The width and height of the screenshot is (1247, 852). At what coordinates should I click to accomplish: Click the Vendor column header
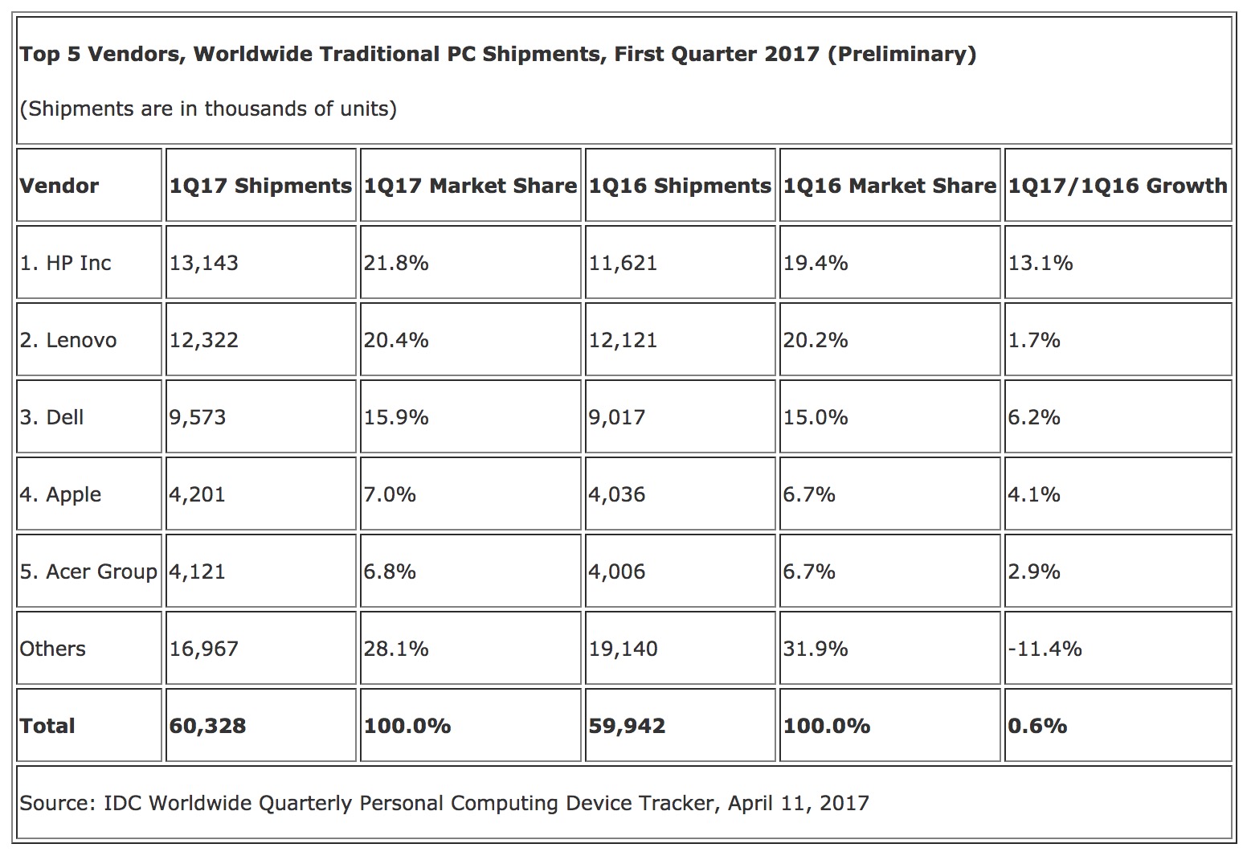[59, 186]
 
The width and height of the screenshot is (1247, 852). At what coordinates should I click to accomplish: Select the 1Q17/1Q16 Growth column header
[1118, 186]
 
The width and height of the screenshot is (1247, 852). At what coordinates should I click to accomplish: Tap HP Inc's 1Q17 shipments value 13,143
[204, 263]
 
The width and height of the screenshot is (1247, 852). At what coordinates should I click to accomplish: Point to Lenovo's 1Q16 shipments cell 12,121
[623, 340]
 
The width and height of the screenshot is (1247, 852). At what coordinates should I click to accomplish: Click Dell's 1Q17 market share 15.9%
[396, 417]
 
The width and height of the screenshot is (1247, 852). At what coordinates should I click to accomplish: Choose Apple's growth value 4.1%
[1034, 494]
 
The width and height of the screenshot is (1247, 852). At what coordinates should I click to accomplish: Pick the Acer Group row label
[88, 571]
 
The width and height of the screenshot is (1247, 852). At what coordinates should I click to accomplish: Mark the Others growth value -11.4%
[1045, 649]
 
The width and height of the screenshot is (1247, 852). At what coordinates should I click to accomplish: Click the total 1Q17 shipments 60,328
[207, 726]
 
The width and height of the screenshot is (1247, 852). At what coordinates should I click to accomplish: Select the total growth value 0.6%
[1037, 726]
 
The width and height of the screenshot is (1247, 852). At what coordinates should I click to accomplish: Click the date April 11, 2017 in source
[798, 803]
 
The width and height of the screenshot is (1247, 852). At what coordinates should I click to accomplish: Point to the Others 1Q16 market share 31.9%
[816, 649]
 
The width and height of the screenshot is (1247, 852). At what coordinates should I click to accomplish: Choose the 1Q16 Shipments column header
[680, 186]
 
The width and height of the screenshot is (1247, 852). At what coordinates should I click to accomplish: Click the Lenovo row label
[68, 340]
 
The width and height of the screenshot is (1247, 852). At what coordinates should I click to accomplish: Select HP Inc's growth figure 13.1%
[1041, 263]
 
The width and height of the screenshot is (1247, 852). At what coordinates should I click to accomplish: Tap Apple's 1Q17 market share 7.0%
[390, 494]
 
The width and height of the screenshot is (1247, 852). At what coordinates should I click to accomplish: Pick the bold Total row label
[47, 726]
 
